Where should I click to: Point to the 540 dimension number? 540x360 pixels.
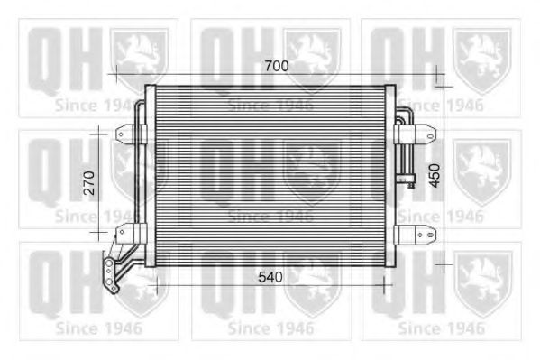point(270,278)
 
